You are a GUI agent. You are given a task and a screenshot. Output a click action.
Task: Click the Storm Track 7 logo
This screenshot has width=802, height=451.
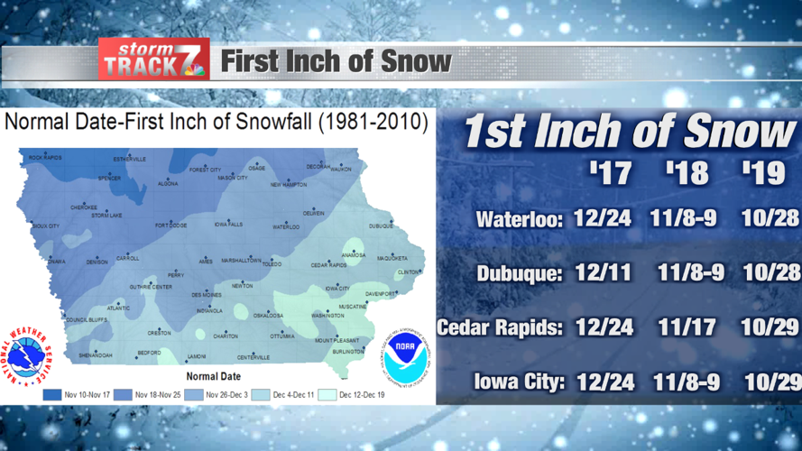click(x=153, y=60)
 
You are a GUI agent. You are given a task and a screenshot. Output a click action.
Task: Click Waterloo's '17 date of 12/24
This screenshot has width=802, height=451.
click(x=602, y=218)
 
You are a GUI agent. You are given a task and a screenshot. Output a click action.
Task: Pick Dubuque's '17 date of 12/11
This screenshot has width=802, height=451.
click(x=602, y=272)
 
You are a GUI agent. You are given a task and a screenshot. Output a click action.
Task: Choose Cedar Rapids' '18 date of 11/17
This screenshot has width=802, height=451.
click(x=687, y=327)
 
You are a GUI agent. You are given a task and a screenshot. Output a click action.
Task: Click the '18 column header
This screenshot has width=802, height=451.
click(x=687, y=171)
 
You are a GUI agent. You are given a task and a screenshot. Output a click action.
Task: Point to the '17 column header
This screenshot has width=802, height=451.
click(x=611, y=171)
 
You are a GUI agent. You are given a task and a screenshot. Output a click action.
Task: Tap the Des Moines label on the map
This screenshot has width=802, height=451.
click(x=207, y=295)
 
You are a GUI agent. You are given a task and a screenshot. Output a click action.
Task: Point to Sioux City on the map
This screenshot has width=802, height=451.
click(x=45, y=226)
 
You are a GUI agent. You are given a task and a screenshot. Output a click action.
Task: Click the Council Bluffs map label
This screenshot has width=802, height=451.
click(x=87, y=319)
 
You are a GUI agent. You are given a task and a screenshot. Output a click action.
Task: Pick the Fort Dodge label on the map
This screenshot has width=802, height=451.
click(x=171, y=225)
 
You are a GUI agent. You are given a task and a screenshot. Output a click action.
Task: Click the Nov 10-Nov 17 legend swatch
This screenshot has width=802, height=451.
click(x=52, y=394)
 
